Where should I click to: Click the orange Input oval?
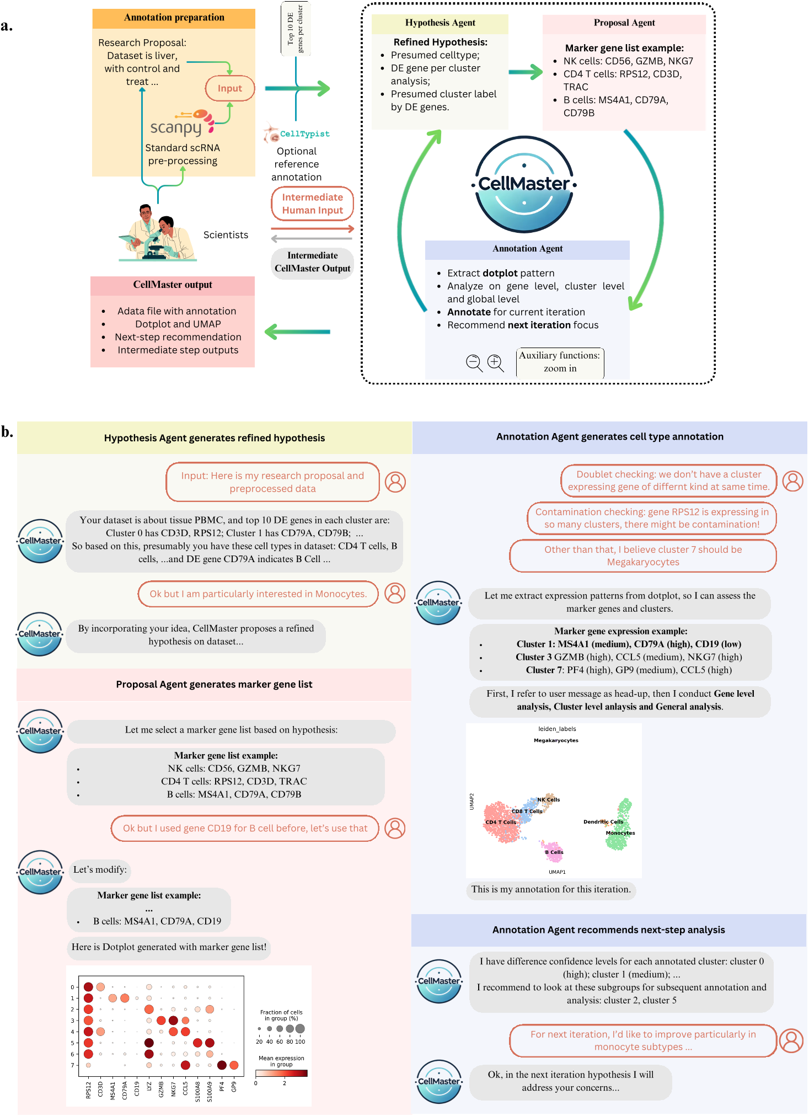(x=229, y=88)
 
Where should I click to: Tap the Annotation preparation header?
(x=174, y=18)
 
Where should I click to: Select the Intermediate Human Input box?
(x=312, y=204)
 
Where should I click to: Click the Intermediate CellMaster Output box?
(x=312, y=262)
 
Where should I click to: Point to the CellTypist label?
(x=304, y=134)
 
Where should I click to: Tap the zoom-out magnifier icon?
(x=474, y=362)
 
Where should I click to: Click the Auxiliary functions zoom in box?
(x=560, y=362)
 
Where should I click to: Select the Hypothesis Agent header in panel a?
(x=440, y=23)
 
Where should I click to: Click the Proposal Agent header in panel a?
(x=624, y=23)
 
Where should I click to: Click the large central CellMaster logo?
(x=524, y=184)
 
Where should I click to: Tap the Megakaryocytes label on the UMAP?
(x=556, y=740)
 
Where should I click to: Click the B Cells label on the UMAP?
(x=554, y=852)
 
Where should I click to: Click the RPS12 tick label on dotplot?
(x=88, y=1090)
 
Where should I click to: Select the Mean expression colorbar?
(x=281, y=1073)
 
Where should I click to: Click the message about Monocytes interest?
(x=258, y=594)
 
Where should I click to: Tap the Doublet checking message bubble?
(x=668, y=480)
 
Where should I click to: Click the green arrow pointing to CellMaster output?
(x=297, y=332)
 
